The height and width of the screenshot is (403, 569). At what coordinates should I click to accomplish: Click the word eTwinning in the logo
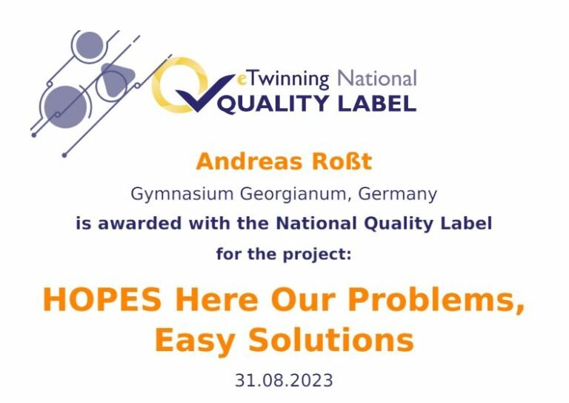coord(282,80)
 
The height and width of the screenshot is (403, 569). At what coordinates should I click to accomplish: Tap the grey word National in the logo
coord(377,79)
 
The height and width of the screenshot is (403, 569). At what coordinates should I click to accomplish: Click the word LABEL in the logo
coord(377,103)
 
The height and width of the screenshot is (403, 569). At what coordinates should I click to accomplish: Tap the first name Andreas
coord(249,161)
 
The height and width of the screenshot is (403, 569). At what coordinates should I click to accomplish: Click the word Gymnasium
coord(182,194)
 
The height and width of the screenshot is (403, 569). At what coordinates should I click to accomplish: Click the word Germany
coord(398,194)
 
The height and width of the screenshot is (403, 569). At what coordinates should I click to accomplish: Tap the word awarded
coord(140,223)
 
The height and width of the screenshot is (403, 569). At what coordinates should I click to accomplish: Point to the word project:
coord(317,255)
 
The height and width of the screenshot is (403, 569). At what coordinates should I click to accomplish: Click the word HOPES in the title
coord(102,299)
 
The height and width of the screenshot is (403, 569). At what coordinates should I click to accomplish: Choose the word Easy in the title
coord(195,341)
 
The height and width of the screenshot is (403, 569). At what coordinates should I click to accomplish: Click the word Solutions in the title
coord(331,339)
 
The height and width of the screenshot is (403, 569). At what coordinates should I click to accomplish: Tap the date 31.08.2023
coord(284,381)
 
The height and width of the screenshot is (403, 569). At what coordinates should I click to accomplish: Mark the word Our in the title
coord(303,299)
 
